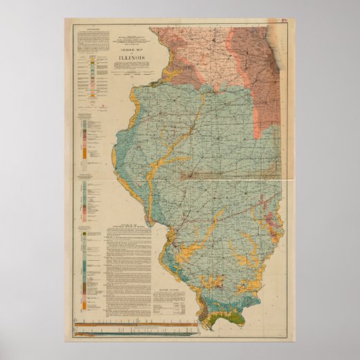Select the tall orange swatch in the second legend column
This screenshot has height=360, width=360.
(x=84, y=154)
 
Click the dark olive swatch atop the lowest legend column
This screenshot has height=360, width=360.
(x=84, y=235)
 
